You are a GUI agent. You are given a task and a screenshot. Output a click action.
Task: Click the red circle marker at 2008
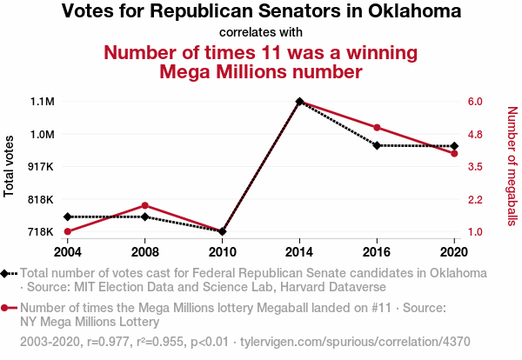[x=144, y=205]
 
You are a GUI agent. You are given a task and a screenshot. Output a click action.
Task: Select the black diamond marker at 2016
[x=377, y=145]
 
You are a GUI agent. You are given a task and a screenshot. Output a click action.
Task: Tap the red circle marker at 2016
[x=377, y=128]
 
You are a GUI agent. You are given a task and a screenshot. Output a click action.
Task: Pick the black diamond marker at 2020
[x=454, y=146]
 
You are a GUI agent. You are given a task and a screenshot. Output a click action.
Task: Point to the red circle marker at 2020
[x=454, y=154]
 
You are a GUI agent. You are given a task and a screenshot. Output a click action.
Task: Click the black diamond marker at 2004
[x=67, y=217]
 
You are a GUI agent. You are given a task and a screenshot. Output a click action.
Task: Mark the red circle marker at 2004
[x=67, y=231]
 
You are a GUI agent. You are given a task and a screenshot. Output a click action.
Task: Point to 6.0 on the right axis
[x=474, y=102]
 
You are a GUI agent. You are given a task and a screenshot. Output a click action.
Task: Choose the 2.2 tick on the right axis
[x=474, y=199]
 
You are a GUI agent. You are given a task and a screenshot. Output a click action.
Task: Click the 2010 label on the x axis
[x=222, y=251]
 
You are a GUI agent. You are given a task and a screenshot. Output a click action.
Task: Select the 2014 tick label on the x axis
[x=299, y=251]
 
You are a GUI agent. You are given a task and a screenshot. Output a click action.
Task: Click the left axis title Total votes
[x=10, y=166]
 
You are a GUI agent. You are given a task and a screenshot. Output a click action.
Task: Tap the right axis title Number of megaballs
[x=512, y=166]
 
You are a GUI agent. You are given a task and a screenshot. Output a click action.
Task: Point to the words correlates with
[x=261, y=32]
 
